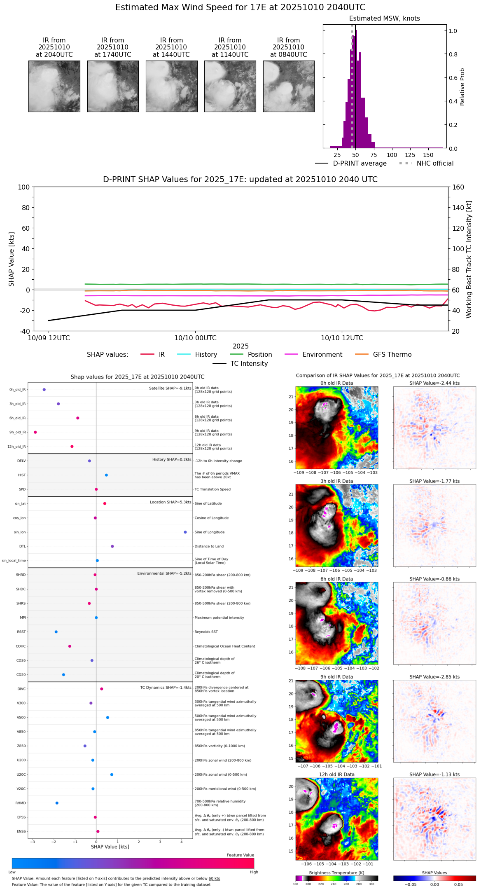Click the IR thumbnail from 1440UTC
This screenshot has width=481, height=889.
[x=171, y=86]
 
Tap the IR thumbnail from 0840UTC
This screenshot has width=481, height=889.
[x=289, y=86]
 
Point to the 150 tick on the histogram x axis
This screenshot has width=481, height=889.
[x=428, y=155]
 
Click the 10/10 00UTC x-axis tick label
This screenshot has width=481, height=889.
[x=195, y=338]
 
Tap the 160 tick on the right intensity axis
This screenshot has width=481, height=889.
[x=458, y=187]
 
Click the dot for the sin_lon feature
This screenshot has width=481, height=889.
[x=185, y=532]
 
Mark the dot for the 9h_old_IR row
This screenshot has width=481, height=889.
[x=35, y=432]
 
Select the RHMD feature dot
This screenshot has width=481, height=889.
[x=57, y=803]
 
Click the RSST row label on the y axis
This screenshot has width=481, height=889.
[x=21, y=632]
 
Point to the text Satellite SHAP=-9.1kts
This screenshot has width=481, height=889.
[x=170, y=388]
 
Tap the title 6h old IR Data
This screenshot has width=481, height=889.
[x=336, y=579]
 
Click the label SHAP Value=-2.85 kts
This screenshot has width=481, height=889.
[x=434, y=677]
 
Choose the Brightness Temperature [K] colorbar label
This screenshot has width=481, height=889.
[x=336, y=873]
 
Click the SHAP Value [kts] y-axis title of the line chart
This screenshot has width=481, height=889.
[x=12, y=259]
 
